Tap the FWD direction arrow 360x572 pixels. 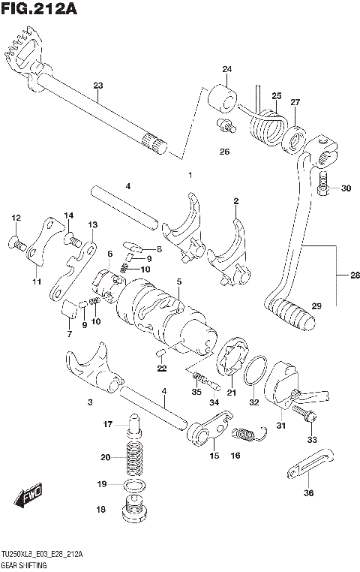coord(26,496)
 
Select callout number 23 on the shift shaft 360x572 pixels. coord(97,85)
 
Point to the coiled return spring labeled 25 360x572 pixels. coord(267,124)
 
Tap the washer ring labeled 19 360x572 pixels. coord(133,486)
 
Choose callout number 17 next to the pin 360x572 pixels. coord(108,424)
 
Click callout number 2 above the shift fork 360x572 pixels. coord(235,200)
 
